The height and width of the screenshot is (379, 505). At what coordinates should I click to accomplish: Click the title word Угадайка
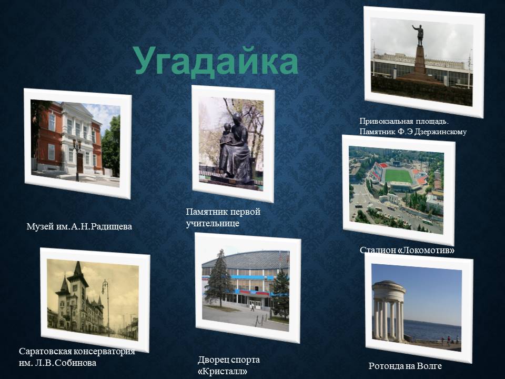pos(216,61)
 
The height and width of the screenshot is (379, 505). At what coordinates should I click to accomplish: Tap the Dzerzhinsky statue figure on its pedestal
pos(419,35)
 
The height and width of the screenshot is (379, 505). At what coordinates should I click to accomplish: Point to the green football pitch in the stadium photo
pos(398,176)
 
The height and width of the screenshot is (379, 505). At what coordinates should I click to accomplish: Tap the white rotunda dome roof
pos(389,287)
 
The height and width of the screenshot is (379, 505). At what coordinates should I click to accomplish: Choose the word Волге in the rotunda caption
pos(429,366)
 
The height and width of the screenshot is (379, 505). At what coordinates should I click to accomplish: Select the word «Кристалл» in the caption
pos(223,371)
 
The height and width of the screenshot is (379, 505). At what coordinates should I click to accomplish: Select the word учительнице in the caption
pos(213,224)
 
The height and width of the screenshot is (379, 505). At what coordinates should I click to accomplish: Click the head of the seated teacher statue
pos(236,117)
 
